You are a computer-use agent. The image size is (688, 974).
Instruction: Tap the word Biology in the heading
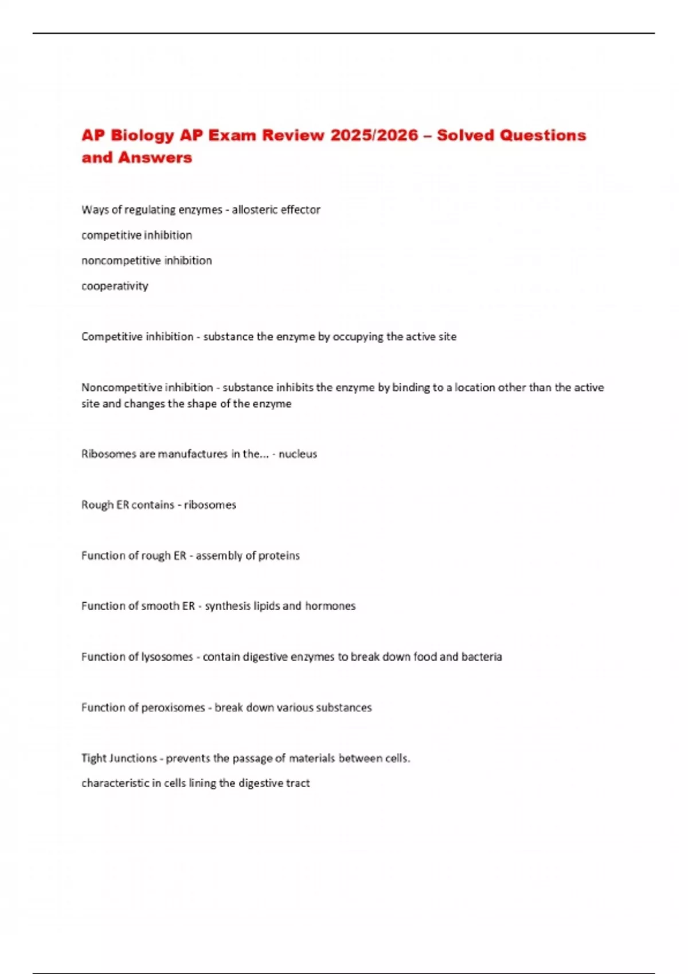(142, 136)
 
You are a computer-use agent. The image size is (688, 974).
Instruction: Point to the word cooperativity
(115, 286)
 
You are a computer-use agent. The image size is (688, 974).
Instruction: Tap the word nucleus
(298, 454)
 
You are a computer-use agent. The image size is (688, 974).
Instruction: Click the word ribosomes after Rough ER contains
(210, 505)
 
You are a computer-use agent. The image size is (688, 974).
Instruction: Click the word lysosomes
(167, 657)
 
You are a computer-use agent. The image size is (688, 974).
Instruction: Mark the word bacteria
(482, 657)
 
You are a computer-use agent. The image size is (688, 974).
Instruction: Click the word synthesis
(228, 606)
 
